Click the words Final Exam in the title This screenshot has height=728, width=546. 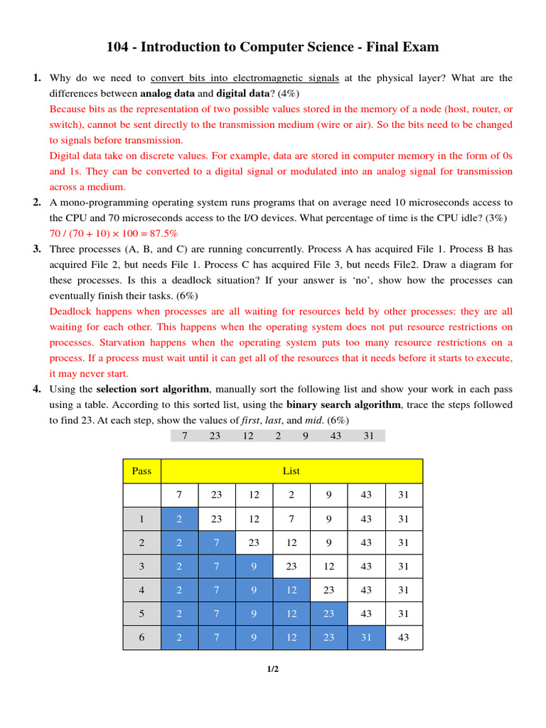click(402, 48)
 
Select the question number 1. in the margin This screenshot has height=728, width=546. click(37, 78)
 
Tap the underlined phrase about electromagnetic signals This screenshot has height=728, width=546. click(245, 78)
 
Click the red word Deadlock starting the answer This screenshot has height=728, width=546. click(72, 311)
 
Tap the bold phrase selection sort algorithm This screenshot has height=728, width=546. click(153, 390)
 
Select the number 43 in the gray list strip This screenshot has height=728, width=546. click(336, 436)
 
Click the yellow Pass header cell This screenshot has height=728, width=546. click(142, 471)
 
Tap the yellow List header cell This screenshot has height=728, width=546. click(291, 471)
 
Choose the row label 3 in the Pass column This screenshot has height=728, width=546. click(142, 567)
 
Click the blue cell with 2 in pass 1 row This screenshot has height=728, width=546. click(179, 519)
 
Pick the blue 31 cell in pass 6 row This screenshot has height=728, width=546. click(366, 638)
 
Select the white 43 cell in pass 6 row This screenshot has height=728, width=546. click(404, 638)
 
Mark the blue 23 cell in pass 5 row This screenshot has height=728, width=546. click(328, 614)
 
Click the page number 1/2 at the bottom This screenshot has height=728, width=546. click(273, 669)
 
